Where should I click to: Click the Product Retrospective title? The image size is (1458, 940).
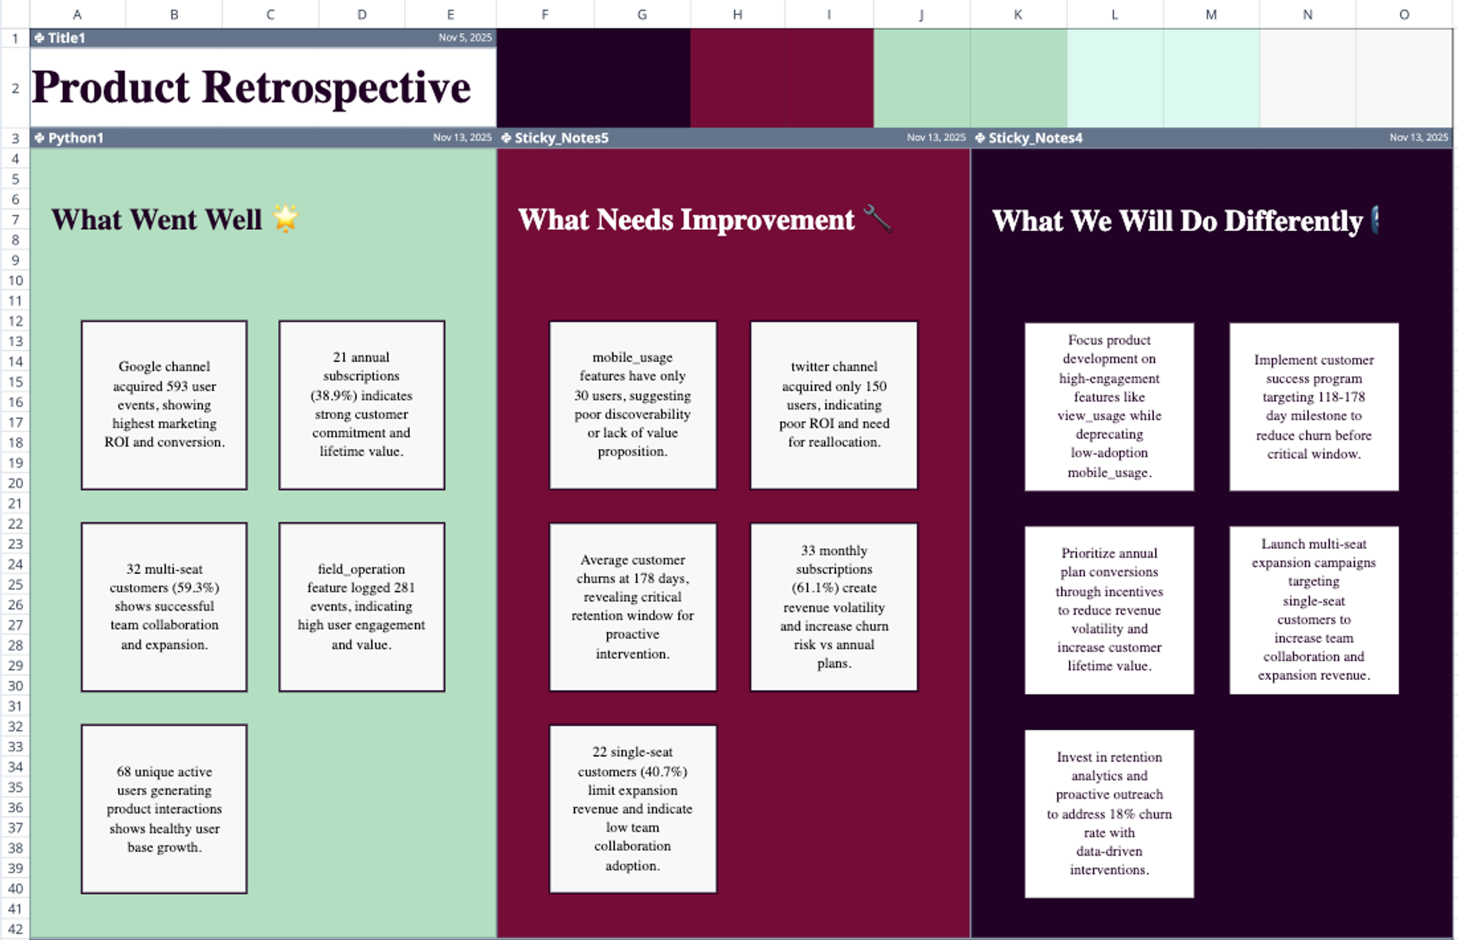251,87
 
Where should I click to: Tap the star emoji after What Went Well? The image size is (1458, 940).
285,219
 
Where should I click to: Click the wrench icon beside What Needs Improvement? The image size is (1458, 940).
877,219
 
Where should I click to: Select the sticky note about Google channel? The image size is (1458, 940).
164,404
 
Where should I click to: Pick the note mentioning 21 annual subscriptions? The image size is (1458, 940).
361,404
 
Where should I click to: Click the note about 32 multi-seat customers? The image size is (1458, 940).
164,607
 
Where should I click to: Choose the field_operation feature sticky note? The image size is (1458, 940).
361,607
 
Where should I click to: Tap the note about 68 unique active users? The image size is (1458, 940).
164,809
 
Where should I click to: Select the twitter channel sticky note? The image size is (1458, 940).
833,404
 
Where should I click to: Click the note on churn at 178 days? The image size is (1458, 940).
632,607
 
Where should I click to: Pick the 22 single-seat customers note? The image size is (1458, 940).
632,809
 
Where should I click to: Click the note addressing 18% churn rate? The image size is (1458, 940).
1109,813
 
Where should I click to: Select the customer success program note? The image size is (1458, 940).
1313,407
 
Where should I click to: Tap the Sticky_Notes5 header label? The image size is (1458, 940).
561,138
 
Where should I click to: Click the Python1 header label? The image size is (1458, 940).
75,138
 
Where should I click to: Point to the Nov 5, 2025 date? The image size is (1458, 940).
465,38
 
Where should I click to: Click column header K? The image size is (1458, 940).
1018,15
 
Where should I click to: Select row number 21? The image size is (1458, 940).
15,503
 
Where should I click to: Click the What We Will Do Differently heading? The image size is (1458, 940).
1176,221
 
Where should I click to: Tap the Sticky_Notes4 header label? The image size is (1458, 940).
1034,138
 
